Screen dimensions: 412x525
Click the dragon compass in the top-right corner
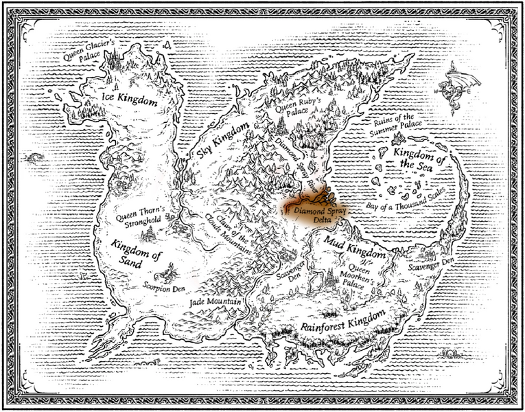464,86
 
